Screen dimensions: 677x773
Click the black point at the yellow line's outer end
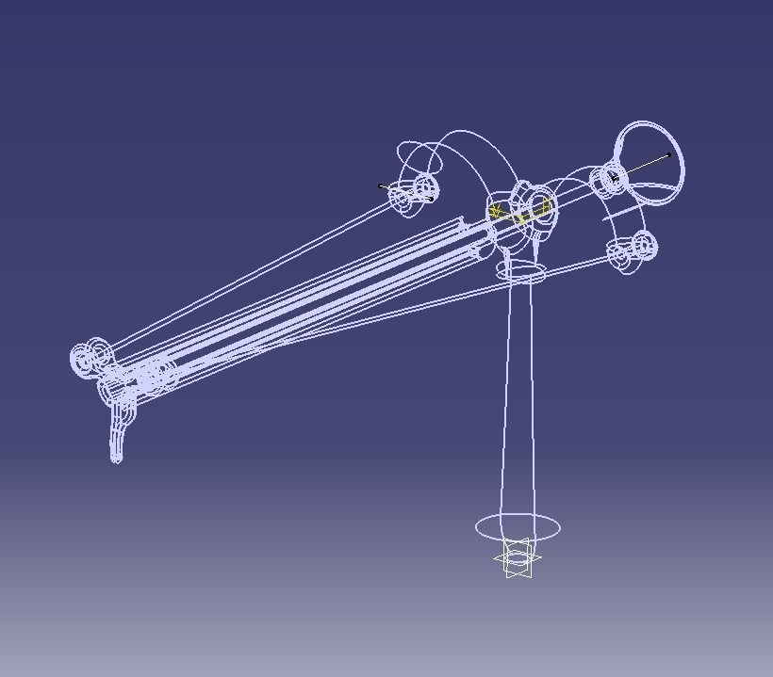(x=669, y=154)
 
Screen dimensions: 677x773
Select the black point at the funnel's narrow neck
(x=614, y=176)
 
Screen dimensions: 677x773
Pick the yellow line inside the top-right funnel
(x=644, y=165)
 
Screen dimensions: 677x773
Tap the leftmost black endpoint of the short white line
(x=381, y=185)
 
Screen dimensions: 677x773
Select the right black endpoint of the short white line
(x=431, y=199)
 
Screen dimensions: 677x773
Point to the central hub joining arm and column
(x=523, y=211)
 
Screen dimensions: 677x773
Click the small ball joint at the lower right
(x=632, y=250)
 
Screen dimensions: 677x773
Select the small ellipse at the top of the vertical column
(x=526, y=274)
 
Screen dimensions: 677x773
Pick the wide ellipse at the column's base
(x=518, y=527)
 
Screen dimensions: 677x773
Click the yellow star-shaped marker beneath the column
(x=518, y=559)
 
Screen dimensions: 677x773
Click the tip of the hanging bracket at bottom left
(x=116, y=458)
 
